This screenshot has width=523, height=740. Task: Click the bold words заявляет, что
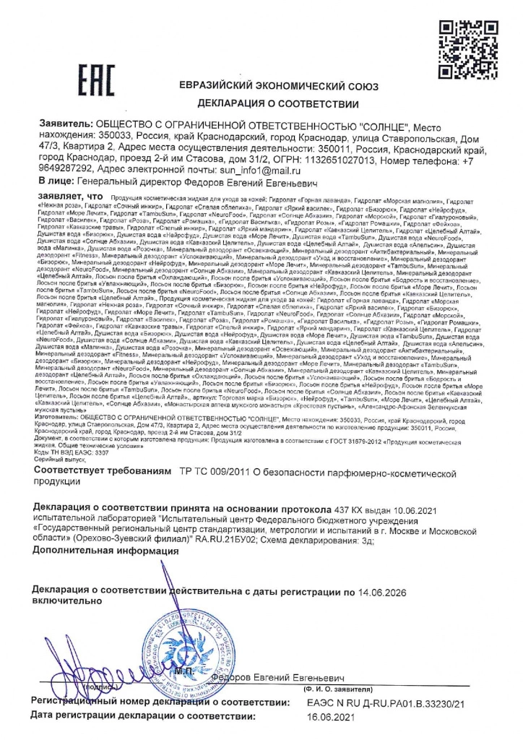[71, 196]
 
